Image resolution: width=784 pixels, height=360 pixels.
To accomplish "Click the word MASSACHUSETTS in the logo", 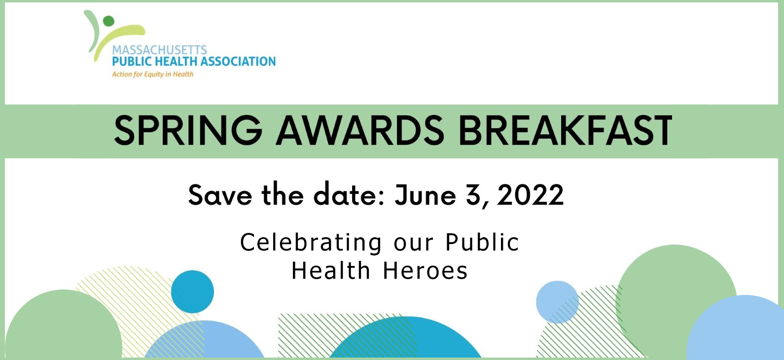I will click(159, 50).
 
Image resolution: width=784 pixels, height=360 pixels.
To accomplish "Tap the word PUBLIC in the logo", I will click(130, 62).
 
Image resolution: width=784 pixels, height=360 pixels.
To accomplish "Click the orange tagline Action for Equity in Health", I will click(152, 74).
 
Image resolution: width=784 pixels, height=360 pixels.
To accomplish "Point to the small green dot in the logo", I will click(108, 21).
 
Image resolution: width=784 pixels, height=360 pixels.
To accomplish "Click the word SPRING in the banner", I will click(188, 130).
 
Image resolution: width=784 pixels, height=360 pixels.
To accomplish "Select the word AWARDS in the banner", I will click(360, 130).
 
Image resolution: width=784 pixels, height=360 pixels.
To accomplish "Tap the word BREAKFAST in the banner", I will click(565, 130).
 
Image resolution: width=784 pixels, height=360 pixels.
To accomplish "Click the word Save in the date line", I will click(220, 195).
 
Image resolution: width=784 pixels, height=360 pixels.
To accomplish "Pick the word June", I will click(425, 195).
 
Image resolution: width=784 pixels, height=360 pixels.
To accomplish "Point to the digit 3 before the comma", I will click(474, 195).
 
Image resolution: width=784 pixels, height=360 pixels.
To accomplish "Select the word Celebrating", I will click(311, 243).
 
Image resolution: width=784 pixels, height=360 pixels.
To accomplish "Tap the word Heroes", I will click(425, 271).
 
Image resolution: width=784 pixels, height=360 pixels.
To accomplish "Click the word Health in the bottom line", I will click(331, 271).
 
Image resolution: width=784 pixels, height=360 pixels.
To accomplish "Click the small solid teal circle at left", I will click(192, 291).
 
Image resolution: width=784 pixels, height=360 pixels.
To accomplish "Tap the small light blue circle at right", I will click(557, 302).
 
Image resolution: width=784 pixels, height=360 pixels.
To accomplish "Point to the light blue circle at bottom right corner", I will click(740, 330).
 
